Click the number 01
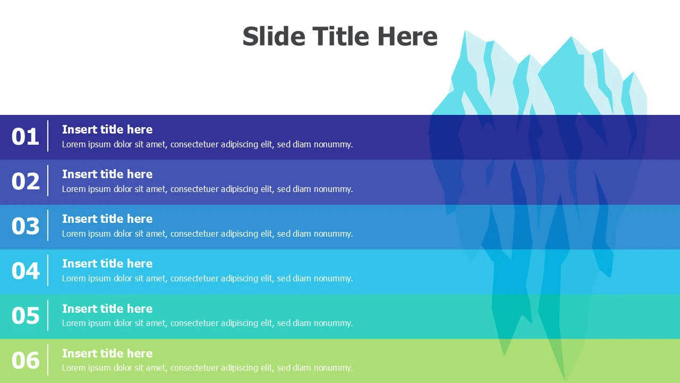[25, 136]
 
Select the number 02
[25, 181]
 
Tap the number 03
[25, 226]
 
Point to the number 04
[25, 271]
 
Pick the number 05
[25, 315]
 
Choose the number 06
[25, 360]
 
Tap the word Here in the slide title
[407, 36]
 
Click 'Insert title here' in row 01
[107, 129]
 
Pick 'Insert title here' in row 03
[107, 219]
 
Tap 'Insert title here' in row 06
[107, 354]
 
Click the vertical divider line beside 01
[48, 136]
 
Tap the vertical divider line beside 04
[48, 270]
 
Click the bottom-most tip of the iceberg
[565, 380]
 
